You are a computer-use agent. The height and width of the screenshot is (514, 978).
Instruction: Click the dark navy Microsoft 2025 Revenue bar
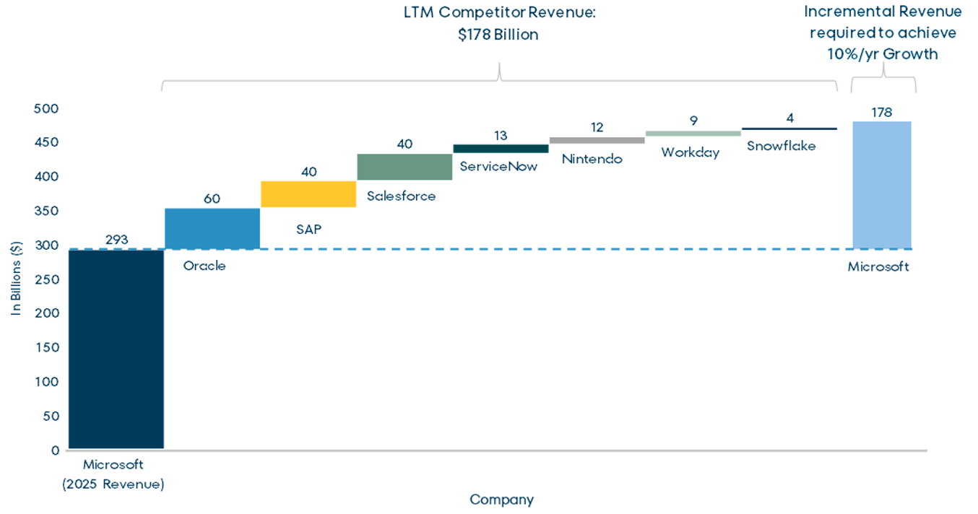tap(116, 349)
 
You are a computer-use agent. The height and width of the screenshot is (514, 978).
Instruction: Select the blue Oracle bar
tap(212, 229)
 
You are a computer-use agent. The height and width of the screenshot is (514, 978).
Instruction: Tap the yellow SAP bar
tap(308, 194)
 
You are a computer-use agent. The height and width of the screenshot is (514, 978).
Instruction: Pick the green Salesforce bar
tap(404, 167)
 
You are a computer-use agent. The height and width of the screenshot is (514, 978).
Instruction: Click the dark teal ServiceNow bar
tap(501, 149)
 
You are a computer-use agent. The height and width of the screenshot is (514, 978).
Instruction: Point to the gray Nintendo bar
tap(597, 140)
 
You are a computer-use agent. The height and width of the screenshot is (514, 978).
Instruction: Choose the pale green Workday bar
tap(693, 134)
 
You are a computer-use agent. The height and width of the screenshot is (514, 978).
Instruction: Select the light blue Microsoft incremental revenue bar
tap(881, 185)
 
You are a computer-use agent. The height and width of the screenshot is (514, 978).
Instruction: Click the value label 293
tap(116, 240)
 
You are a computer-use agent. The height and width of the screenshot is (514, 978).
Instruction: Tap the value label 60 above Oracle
tap(212, 199)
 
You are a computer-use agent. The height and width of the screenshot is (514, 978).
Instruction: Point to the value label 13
tap(501, 135)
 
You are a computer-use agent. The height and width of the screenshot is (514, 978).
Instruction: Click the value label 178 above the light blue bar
tap(881, 112)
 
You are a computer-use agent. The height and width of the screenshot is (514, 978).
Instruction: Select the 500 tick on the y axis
tap(46, 108)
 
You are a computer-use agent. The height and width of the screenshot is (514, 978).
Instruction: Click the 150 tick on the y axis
tap(46, 347)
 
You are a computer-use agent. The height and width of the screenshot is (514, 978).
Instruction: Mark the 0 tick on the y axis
tap(54, 450)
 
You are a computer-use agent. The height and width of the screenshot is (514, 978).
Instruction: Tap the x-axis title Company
tap(501, 500)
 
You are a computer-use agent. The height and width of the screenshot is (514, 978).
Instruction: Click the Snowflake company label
tap(781, 146)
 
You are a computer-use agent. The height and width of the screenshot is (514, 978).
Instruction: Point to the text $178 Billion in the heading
tap(498, 35)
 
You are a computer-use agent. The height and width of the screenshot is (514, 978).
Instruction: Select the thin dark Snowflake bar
tap(789, 128)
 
